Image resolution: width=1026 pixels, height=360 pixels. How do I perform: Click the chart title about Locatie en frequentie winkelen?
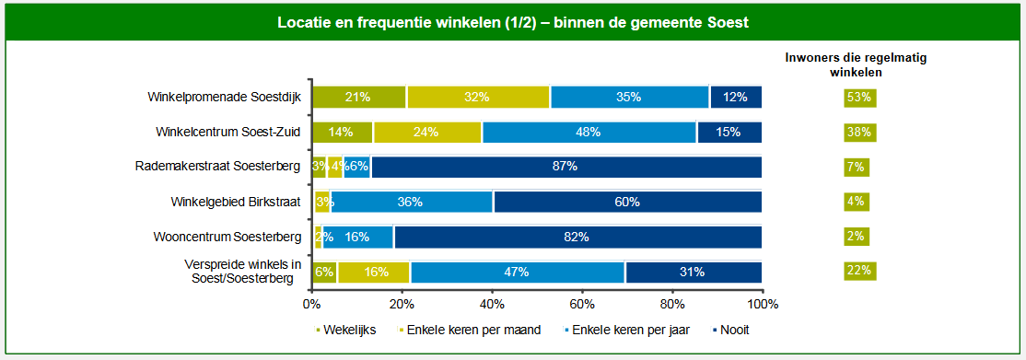(x=512, y=23)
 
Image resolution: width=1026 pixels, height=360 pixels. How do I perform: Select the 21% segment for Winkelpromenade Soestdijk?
(x=358, y=97)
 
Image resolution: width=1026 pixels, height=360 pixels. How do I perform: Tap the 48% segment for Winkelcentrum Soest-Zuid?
(x=589, y=132)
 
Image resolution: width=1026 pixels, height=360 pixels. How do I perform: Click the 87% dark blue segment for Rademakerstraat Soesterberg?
(x=566, y=167)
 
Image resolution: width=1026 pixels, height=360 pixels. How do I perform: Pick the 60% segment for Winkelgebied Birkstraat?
(x=628, y=202)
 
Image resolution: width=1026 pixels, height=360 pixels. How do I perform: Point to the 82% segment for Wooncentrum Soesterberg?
(x=577, y=237)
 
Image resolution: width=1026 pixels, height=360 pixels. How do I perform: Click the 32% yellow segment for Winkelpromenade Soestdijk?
(x=478, y=97)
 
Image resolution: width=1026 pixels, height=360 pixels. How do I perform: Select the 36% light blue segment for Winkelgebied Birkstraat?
(x=411, y=202)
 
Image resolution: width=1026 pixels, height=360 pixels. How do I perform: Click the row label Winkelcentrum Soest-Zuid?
(x=229, y=132)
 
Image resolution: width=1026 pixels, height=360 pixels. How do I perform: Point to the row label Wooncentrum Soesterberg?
(x=227, y=237)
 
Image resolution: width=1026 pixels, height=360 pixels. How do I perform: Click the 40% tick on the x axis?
(x=492, y=303)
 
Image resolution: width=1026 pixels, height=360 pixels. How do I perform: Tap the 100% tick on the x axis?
(x=763, y=303)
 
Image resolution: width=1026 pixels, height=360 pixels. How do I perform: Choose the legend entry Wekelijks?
(x=345, y=330)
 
